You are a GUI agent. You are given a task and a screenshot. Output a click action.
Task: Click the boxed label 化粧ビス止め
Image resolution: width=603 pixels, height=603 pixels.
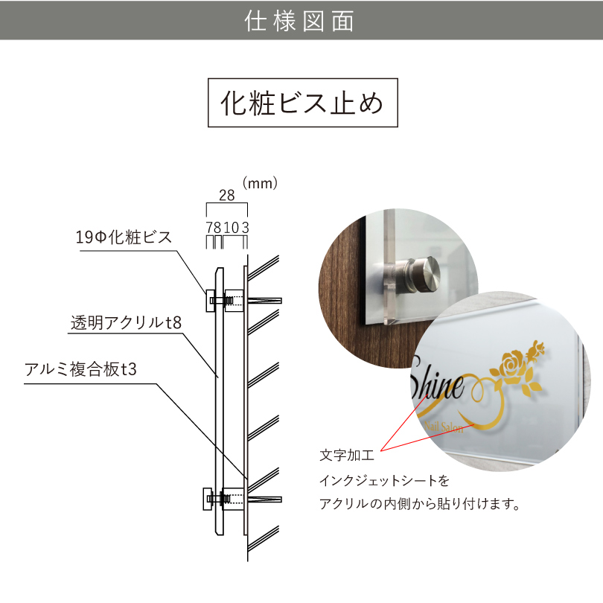click(x=301, y=103)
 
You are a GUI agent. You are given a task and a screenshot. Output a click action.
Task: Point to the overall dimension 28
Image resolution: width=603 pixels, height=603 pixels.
click(x=226, y=196)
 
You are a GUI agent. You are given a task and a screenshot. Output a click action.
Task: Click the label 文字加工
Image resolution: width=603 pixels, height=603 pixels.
click(x=347, y=453)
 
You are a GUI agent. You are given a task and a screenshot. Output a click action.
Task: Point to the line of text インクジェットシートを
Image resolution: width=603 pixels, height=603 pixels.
click(x=384, y=480)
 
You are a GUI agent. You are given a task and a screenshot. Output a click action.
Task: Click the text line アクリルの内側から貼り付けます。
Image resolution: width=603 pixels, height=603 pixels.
click(x=418, y=504)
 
